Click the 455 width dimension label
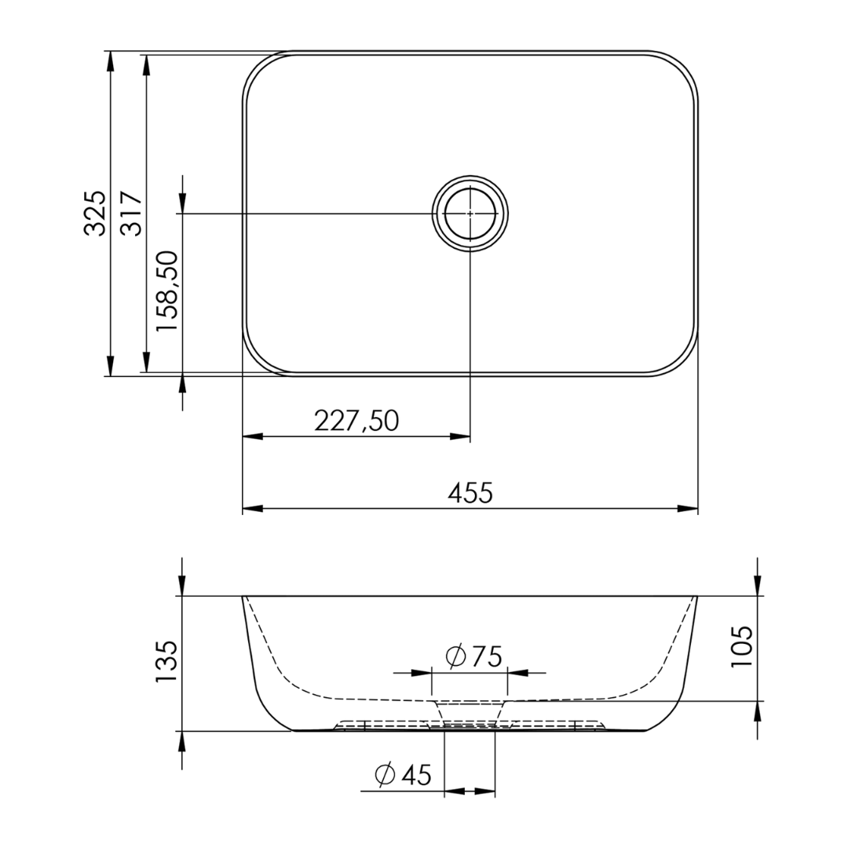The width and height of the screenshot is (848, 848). [x=470, y=493]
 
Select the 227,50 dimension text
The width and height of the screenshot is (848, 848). [x=356, y=420]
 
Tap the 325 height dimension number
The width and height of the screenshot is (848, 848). [x=95, y=213]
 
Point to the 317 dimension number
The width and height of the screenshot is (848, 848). [x=130, y=213]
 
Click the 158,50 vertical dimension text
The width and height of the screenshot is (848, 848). [x=166, y=291]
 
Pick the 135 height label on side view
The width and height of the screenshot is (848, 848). [x=166, y=662]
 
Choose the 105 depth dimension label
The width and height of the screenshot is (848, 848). [x=741, y=646]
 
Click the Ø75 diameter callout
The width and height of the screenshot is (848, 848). [x=473, y=656]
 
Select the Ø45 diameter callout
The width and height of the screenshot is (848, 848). [x=403, y=775]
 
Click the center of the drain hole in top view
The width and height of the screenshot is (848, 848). [x=470, y=213]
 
